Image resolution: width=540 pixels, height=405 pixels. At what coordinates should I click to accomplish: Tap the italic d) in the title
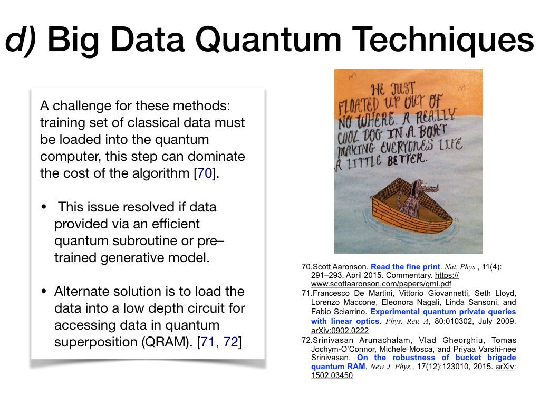[x=21, y=40]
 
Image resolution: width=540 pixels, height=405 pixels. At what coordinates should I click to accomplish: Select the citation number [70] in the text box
[x=205, y=173]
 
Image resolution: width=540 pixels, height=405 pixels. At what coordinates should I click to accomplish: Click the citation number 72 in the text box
[x=231, y=342]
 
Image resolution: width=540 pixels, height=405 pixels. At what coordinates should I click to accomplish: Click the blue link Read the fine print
[x=406, y=267]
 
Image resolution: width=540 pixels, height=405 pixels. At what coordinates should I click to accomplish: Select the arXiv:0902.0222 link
[x=340, y=331]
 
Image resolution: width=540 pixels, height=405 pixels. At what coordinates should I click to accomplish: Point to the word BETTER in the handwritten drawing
[x=407, y=159]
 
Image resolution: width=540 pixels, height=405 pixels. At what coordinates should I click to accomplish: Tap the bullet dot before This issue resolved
[x=44, y=207]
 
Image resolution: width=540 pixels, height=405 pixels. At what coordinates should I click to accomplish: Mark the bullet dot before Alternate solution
[x=44, y=291]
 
